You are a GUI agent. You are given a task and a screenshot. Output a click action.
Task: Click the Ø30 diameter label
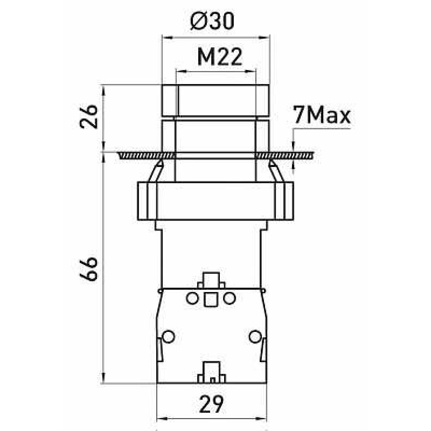pos(212,21)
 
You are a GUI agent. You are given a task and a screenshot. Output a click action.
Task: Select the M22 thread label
pos(220,57)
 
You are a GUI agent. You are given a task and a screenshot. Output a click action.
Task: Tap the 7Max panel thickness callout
pos(322,115)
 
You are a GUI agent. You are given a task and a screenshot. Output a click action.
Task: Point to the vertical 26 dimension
pos(89,116)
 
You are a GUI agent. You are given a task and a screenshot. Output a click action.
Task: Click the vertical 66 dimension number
pos(89,269)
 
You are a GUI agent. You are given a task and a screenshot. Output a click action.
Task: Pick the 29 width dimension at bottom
pos(211,405)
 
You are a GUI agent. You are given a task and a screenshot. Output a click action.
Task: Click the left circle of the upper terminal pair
pos(192,298)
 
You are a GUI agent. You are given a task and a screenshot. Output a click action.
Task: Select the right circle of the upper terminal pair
pos(230,298)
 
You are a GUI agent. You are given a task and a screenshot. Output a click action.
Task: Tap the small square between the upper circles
pos(211,299)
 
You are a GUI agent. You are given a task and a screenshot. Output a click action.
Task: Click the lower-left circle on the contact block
pos(168,336)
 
